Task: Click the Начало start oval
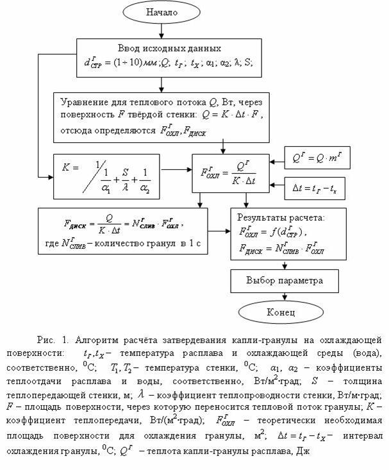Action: (x=161, y=13)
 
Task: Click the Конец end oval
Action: (x=280, y=312)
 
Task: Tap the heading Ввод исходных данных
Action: (x=170, y=48)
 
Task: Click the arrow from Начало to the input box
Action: (x=161, y=31)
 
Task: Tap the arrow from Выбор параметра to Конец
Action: (x=279, y=296)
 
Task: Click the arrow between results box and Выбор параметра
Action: (x=279, y=264)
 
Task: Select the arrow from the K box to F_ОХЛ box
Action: (x=177, y=171)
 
